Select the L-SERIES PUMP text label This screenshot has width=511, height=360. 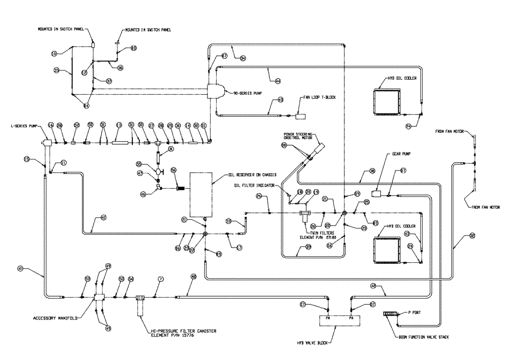(x=24, y=125)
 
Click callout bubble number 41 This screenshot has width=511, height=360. (x=21, y=268)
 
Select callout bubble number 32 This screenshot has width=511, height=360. (x=472, y=236)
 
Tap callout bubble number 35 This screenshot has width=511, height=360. (x=57, y=70)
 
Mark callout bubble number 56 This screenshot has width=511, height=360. (x=173, y=170)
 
